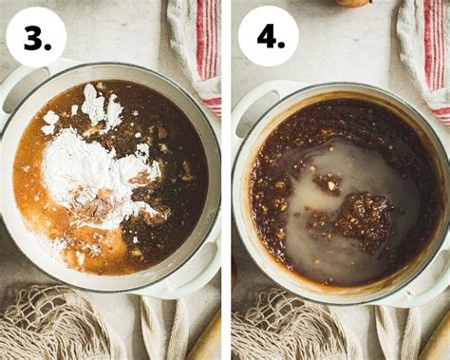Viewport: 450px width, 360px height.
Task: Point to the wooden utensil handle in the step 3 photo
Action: pos(205,340)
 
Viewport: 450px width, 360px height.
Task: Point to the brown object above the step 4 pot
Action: pos(353,3)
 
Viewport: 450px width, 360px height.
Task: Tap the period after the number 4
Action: pos(281,45)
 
